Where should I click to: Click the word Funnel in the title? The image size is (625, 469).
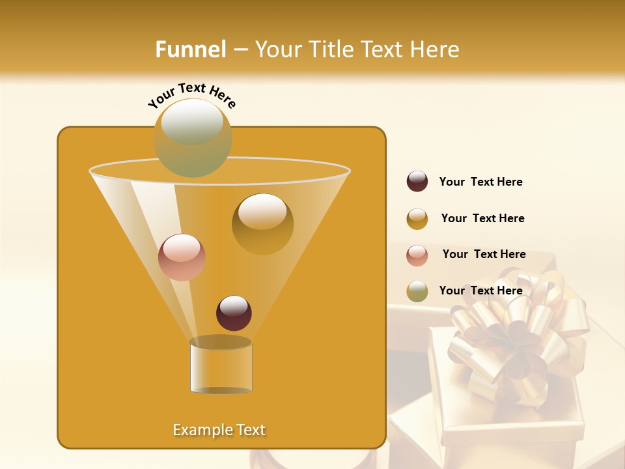[x=191, y=50]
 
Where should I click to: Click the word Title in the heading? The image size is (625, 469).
[x=330, y=50]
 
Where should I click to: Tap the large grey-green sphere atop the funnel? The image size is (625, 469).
[x=193, y=137]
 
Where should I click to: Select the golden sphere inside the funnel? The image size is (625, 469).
[x=262, y=224]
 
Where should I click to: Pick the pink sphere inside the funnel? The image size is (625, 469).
[x=182, y=257]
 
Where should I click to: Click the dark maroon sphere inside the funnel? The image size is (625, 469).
[x=234, y=313]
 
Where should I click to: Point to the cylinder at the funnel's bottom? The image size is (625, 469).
[x=221, y=365]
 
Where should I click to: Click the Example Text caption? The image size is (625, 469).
[x=219, y=430]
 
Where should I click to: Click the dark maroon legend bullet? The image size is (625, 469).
[x=417, y=182]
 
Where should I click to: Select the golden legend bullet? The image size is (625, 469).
[x=417, y=219]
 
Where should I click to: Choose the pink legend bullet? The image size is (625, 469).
[x=417, y=255]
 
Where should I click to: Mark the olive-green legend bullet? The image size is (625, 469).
[x=417, y=291]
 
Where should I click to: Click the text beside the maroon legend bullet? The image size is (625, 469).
[x=480, y=182]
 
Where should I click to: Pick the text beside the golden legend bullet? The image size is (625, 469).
[x=482, y=218]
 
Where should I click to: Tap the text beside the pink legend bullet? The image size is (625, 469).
[x=484, y=254]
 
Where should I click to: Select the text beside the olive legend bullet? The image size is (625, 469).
[x=480, y=291]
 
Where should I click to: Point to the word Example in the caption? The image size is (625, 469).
[x=201, y=430]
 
